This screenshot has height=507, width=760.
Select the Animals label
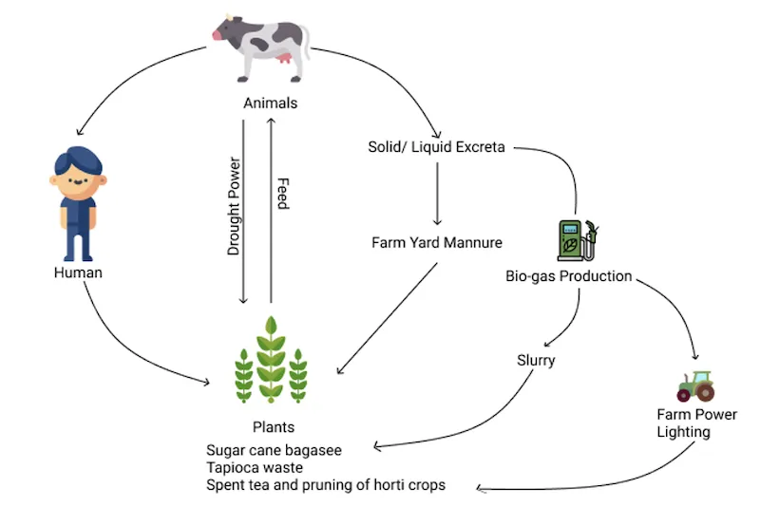(270, 103)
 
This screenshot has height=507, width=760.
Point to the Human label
(78, 272)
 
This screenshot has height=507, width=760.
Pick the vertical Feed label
(281, 194)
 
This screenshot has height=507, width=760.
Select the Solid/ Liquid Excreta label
(437, 147)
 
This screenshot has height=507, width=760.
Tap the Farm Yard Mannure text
(436, 242)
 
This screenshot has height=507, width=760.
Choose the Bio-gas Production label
(568, 276)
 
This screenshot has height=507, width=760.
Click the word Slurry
(536, 361)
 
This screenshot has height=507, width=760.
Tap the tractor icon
(696, 385)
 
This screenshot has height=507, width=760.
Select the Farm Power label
(696, 414)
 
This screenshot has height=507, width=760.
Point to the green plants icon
(272, 361)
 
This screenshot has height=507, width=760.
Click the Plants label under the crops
(273, 427)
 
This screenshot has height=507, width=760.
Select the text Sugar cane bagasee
(274, 449)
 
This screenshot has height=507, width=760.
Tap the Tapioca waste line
(254, 467)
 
